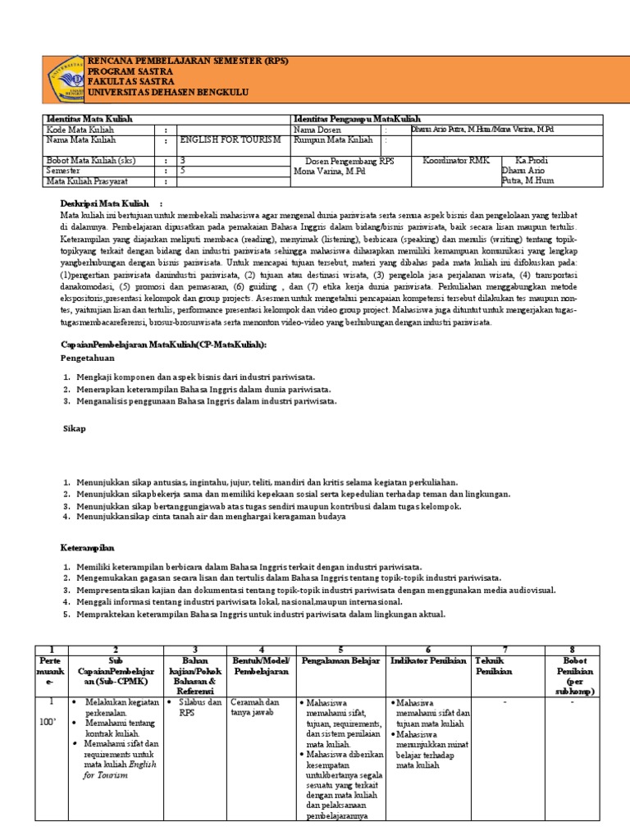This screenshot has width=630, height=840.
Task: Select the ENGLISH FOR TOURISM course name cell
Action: [231, 140]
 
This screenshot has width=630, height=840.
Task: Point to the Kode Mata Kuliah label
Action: [80, 130]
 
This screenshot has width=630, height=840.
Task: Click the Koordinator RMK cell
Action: [451, 161]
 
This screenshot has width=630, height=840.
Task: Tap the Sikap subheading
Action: [75, 429]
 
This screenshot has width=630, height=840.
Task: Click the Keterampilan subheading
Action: [88, 546]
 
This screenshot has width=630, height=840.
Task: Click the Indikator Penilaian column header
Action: [428, 660]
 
